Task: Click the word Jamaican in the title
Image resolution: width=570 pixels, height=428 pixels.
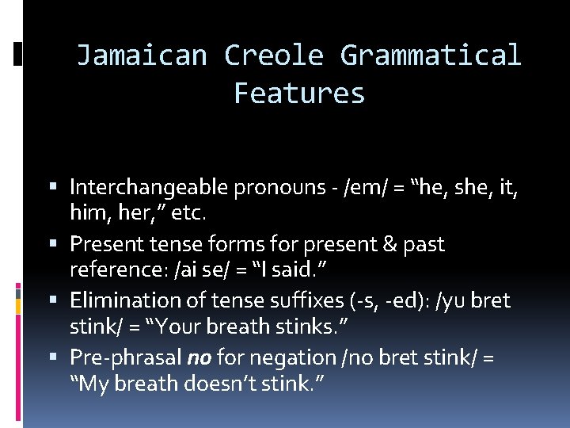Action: point(142,55)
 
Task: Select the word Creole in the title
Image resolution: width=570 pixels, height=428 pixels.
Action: point(274,55)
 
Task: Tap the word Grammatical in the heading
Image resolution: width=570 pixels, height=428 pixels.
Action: point(431,55)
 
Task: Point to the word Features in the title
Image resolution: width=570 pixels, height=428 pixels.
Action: point(299,94)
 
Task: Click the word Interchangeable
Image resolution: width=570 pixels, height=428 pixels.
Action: point(150,187)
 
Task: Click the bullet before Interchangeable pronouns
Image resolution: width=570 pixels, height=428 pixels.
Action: point(59,187)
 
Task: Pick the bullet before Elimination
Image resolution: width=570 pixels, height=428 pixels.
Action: point(59,301)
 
